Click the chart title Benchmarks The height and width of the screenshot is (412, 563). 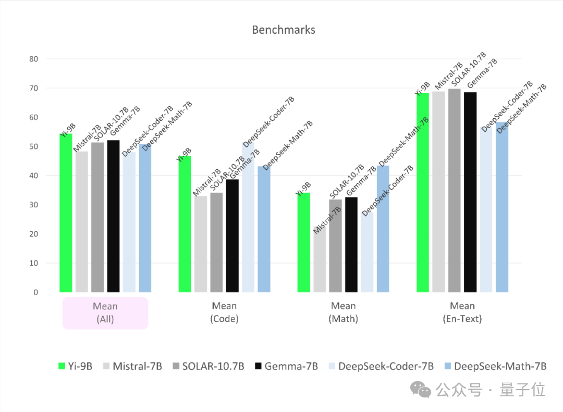click(x=283, y=30)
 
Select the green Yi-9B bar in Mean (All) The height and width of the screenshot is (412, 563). click(x=66, y=214)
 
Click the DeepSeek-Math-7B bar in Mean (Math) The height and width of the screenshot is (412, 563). click(x=383, y=229)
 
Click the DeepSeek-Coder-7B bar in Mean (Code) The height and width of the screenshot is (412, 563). click(x=248, y=219)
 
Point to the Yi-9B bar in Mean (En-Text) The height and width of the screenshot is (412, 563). click(x=422, y=193)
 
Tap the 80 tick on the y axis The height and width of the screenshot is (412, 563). click(x=34, y=59)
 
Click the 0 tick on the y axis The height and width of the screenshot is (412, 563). click(x=36, y=293)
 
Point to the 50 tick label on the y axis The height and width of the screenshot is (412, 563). click(x=34, y=147)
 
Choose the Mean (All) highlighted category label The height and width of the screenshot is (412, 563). click(x=105, y=313)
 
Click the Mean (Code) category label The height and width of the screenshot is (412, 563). click(x=224, y=313)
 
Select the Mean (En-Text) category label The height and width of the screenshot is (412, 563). click(x=462, y=313)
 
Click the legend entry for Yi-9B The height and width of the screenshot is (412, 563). click(x=76, y=366)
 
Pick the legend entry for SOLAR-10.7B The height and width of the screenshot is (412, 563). click(x=206, y=366)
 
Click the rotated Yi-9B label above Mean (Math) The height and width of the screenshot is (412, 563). click(x=303, y=189)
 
